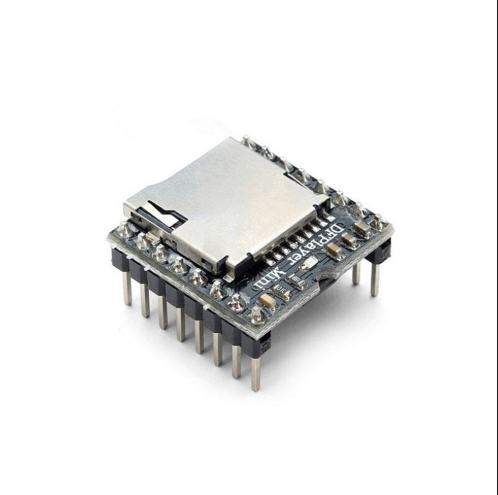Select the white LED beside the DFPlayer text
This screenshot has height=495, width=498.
point(311,263)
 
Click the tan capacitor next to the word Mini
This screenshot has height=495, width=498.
point(268,300)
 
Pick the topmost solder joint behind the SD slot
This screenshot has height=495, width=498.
point(246,140)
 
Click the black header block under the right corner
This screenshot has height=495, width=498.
point(380,252)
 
